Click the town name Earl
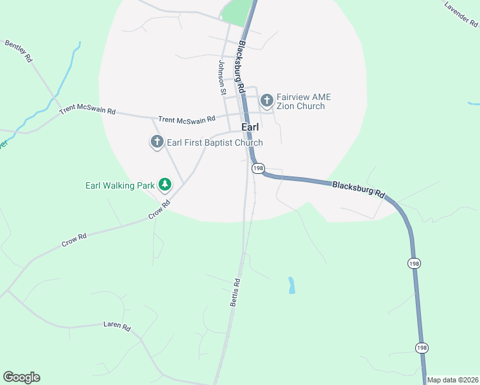(250, 128)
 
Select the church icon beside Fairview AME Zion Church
(266, 101)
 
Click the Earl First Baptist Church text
(214, 142)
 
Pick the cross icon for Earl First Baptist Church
(157, 142)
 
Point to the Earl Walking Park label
(120, 185)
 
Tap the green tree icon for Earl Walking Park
(165, 185)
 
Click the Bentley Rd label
(19, 51)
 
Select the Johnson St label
(223, 77)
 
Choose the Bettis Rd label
(236, 292)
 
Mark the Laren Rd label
(117, 326)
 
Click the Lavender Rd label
(461, 13)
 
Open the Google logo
(21, 377)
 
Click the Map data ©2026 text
(453, 380)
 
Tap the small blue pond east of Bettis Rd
(292, 285)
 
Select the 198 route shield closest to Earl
(258, 167)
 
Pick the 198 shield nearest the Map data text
(421, 348)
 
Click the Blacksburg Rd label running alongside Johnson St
(242, 65)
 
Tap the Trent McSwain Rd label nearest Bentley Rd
(87, 111)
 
